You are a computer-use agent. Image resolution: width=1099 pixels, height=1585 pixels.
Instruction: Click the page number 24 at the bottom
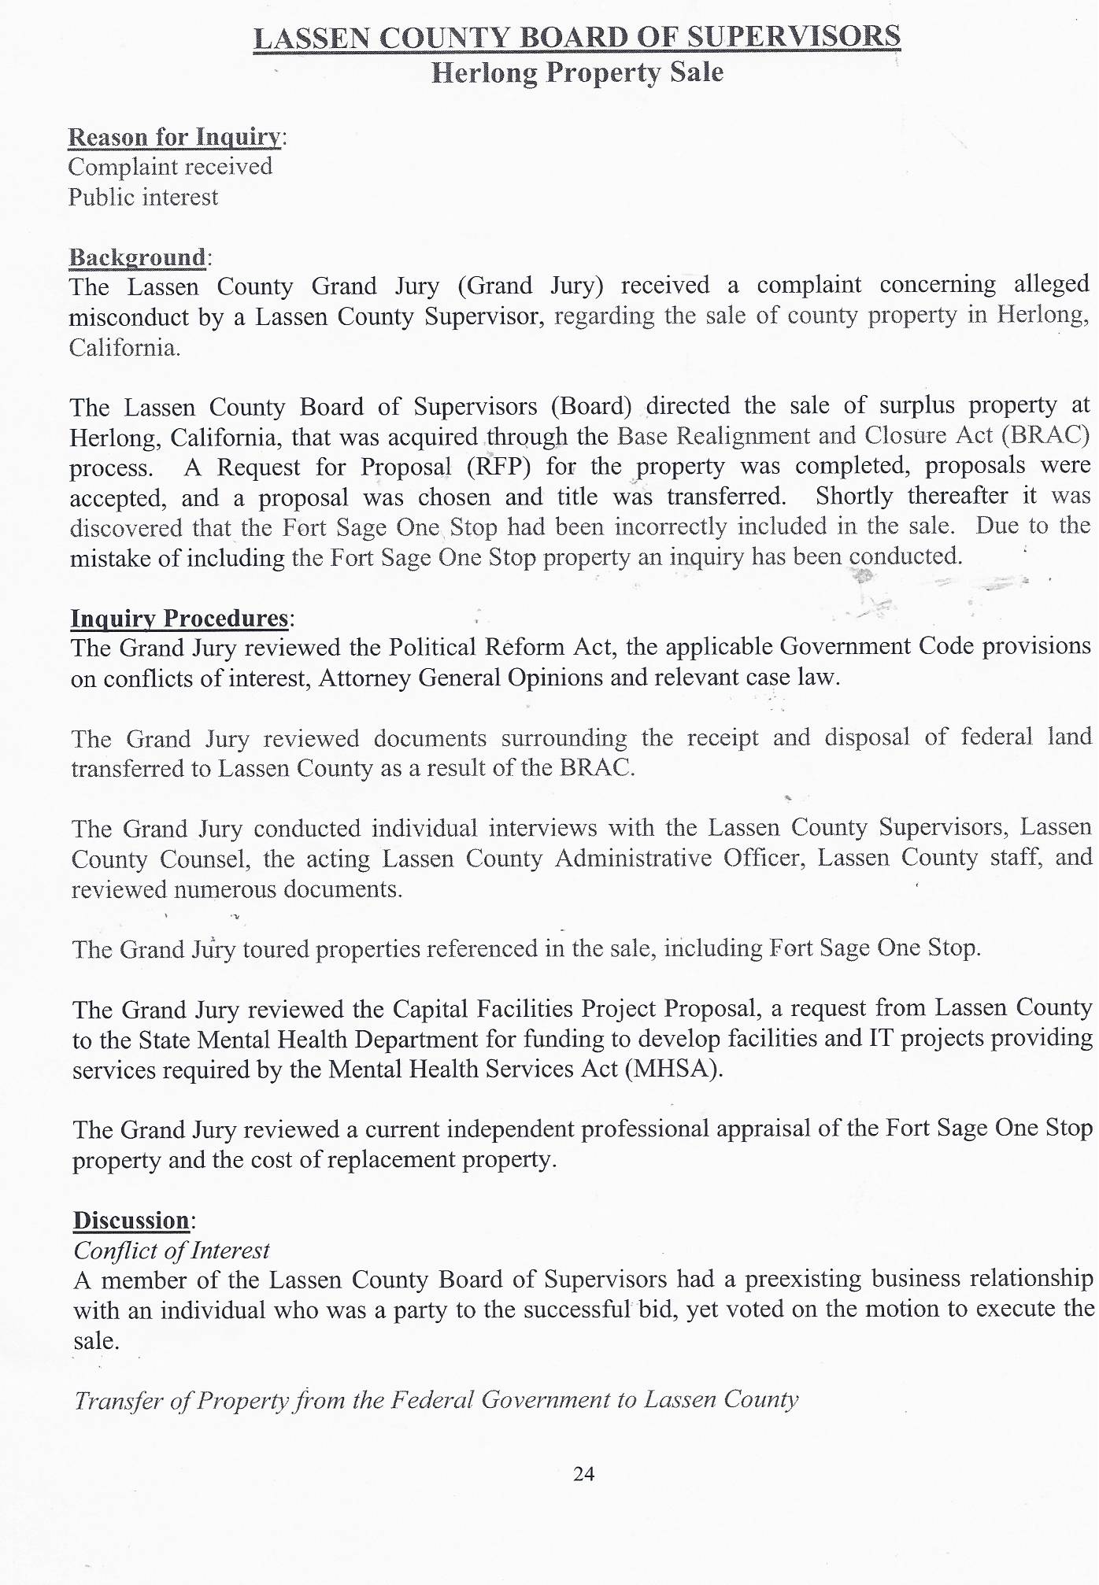pos(583,1474)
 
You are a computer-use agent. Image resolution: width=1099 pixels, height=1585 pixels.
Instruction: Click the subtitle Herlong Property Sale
pos(577,72)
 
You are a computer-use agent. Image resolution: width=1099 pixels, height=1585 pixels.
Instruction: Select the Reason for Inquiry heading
pos(175,137)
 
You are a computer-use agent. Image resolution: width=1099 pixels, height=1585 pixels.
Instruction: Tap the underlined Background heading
pos(138,257)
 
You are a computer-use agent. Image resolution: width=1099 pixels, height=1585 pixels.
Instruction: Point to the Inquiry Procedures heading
pos(179,619)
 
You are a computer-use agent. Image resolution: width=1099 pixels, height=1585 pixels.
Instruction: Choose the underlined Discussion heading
pos(131,1220)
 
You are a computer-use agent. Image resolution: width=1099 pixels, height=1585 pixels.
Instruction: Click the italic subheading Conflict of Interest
pos(172,1251)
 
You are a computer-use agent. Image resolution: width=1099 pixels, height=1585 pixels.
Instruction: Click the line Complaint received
pos(170,167)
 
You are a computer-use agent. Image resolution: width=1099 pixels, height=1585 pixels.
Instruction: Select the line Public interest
pos(143,197)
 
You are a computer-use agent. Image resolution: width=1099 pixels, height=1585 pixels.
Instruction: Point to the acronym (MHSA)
pos(673,1070)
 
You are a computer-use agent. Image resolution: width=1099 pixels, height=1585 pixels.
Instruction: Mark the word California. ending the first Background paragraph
pos(124,347)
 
